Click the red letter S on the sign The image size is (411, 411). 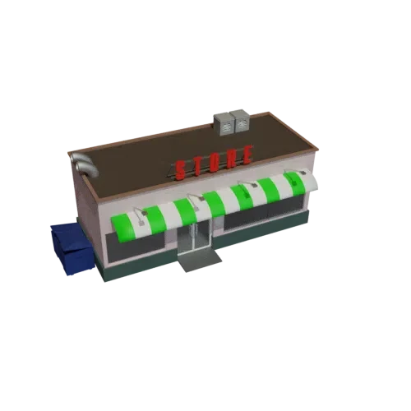pos(180,171)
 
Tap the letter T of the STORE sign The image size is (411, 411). pos(198,167)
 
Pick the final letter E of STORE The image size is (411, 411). pos(247,155)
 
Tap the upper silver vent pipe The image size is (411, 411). pos(80,157)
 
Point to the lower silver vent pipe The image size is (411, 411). pos(88,168)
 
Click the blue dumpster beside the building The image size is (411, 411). pos(72,248)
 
